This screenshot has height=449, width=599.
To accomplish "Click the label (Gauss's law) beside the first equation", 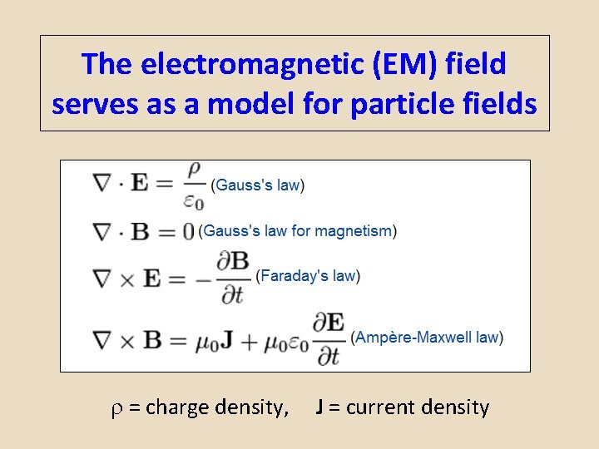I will pos(257,185).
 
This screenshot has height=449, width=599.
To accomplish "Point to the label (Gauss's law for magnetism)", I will pos(297,231).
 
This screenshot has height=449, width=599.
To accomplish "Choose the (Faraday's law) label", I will pos(308,275).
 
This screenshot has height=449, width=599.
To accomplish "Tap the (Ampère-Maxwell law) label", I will pos(427,338).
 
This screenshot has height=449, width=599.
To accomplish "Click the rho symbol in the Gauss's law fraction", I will pos(194,170).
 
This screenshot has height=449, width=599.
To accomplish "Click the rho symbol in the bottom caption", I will pos(116,408).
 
